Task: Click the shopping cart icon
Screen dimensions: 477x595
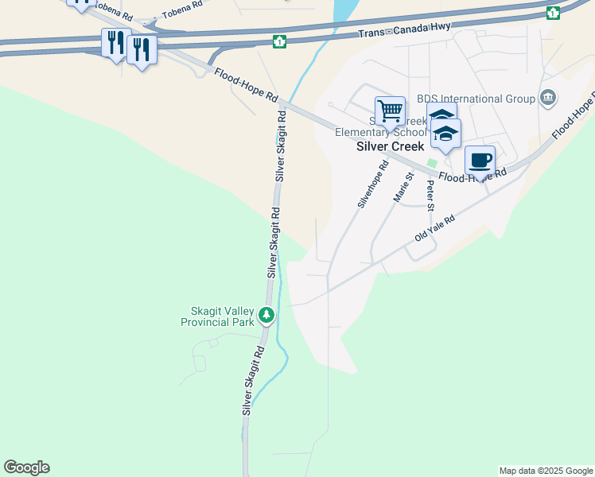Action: coord(390,111)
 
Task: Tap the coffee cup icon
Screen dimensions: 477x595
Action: coord(480,160)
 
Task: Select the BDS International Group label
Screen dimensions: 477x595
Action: coord(481,99)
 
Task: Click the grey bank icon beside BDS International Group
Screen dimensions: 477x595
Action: coord(547,99)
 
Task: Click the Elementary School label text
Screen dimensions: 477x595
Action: coord(370,133)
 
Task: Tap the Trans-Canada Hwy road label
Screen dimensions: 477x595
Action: coord(404,29)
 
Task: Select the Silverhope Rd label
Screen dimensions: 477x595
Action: coord(372,184)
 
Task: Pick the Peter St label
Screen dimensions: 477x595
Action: coord(430,196)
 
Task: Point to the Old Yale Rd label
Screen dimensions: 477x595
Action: coord(434,229)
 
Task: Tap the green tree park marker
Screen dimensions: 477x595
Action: coord(266,316)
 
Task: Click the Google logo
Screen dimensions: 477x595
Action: coord(26,467)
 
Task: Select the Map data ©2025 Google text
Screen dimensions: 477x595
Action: coord(546,471)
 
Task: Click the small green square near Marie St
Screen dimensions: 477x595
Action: coord(432,163)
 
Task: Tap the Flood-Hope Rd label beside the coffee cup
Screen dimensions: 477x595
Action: coord(473,177)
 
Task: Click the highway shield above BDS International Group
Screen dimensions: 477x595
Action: coord(553,13)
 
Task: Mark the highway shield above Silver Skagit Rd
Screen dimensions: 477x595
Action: coord(279,41)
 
